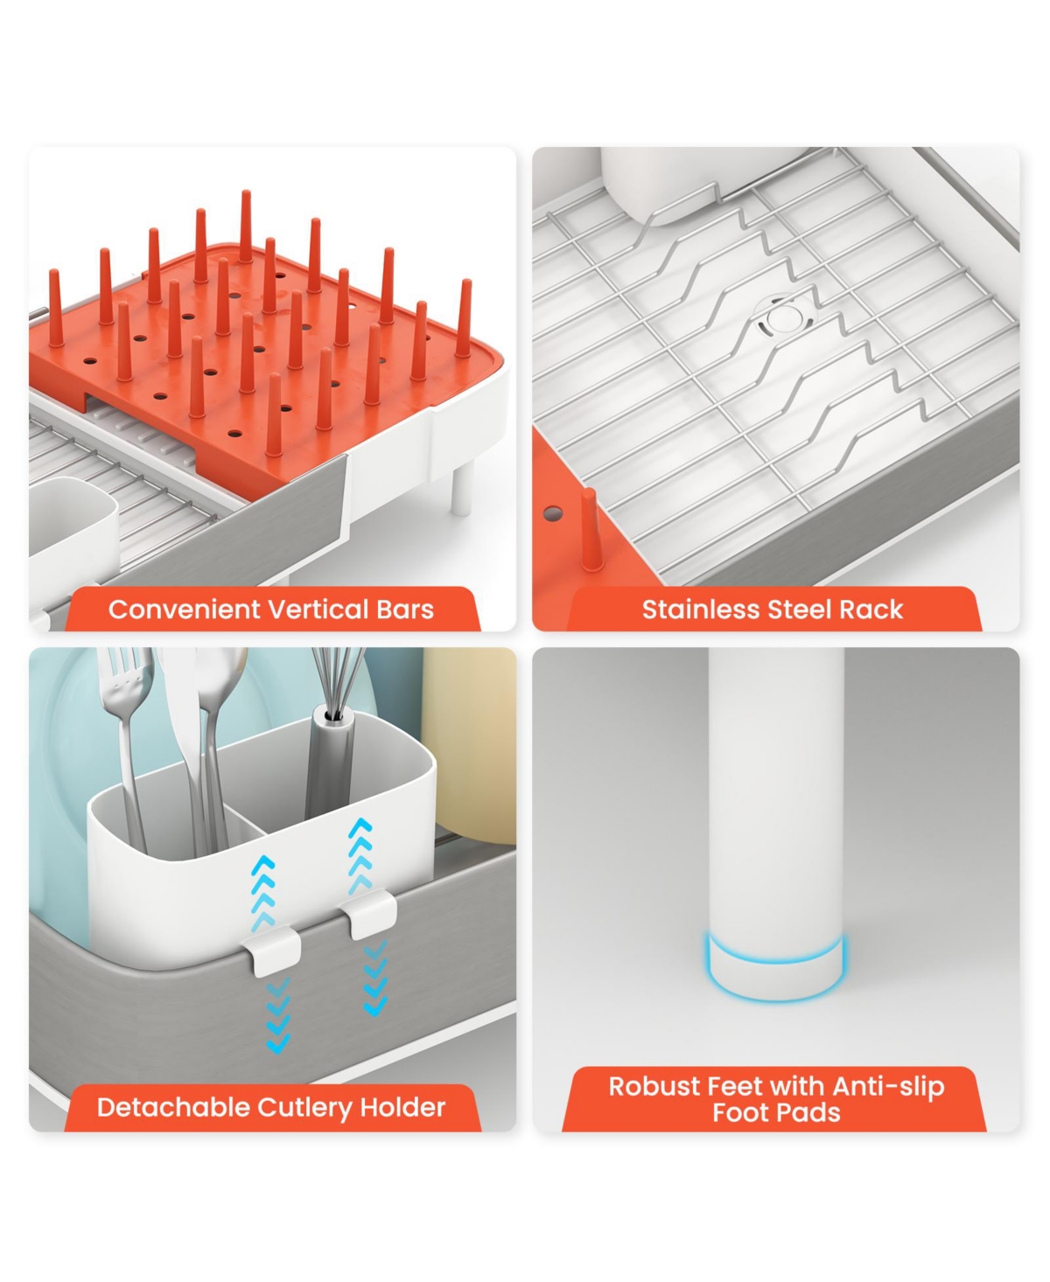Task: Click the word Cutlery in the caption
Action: [305, 1109]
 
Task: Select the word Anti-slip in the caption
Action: [888, 1088]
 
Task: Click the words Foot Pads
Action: [776, 1113]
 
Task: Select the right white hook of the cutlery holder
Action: [369, 912]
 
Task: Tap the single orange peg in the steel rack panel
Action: [591, 528]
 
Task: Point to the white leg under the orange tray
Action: [462, 487]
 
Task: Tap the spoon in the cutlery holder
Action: [216, 742]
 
